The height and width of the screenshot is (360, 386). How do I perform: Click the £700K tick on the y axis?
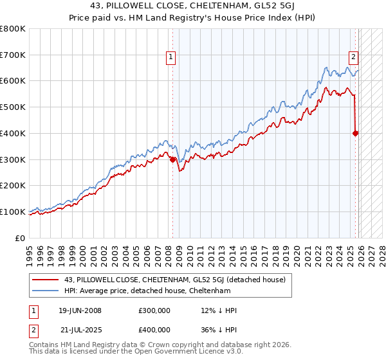tap(13, 55)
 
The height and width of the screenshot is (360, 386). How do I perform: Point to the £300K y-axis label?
tap(13, 159)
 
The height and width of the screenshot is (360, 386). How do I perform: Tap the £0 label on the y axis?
tap(21, 238)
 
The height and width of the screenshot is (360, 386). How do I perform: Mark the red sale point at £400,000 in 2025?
tap(356, 133)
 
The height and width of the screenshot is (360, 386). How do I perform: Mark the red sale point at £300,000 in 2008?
tap(172, 159)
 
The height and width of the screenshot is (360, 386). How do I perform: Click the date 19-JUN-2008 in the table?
tap(80, 310)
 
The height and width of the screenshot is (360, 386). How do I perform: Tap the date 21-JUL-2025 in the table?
tap(80, 330)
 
